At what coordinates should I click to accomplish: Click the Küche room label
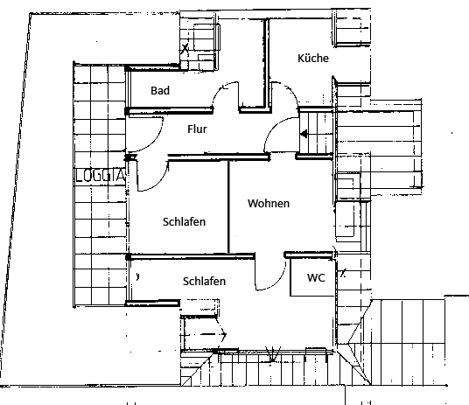pyautogui.click(x=313, y=58)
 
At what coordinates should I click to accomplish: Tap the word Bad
pyautogui.click(x=160, y=90)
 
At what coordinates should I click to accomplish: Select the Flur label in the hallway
pyautogui.click(x=197, y=129)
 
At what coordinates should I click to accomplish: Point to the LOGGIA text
pyautogui.click(x=100, y=175)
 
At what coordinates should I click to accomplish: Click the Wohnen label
pyautogui.click(x=269, y=204)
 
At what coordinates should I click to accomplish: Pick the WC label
pyautogui.click(x=316, y=277)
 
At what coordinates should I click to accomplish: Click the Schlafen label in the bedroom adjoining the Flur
pyautogui.click(x=184, y=221)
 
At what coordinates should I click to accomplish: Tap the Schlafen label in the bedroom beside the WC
pyautogui.click(x=204, y=281)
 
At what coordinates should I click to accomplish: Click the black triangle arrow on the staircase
pyautogui.click(x=304, y=134)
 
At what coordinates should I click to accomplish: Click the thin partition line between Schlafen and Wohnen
pyautogui.click(x=229, y=207)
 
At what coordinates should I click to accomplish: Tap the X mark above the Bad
pyautogui.click(x=185, y=48)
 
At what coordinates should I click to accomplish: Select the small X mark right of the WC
pyautogui.click(x=343, y=273)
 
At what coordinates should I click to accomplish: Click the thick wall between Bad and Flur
pyautogui.click(x=169, y=111)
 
